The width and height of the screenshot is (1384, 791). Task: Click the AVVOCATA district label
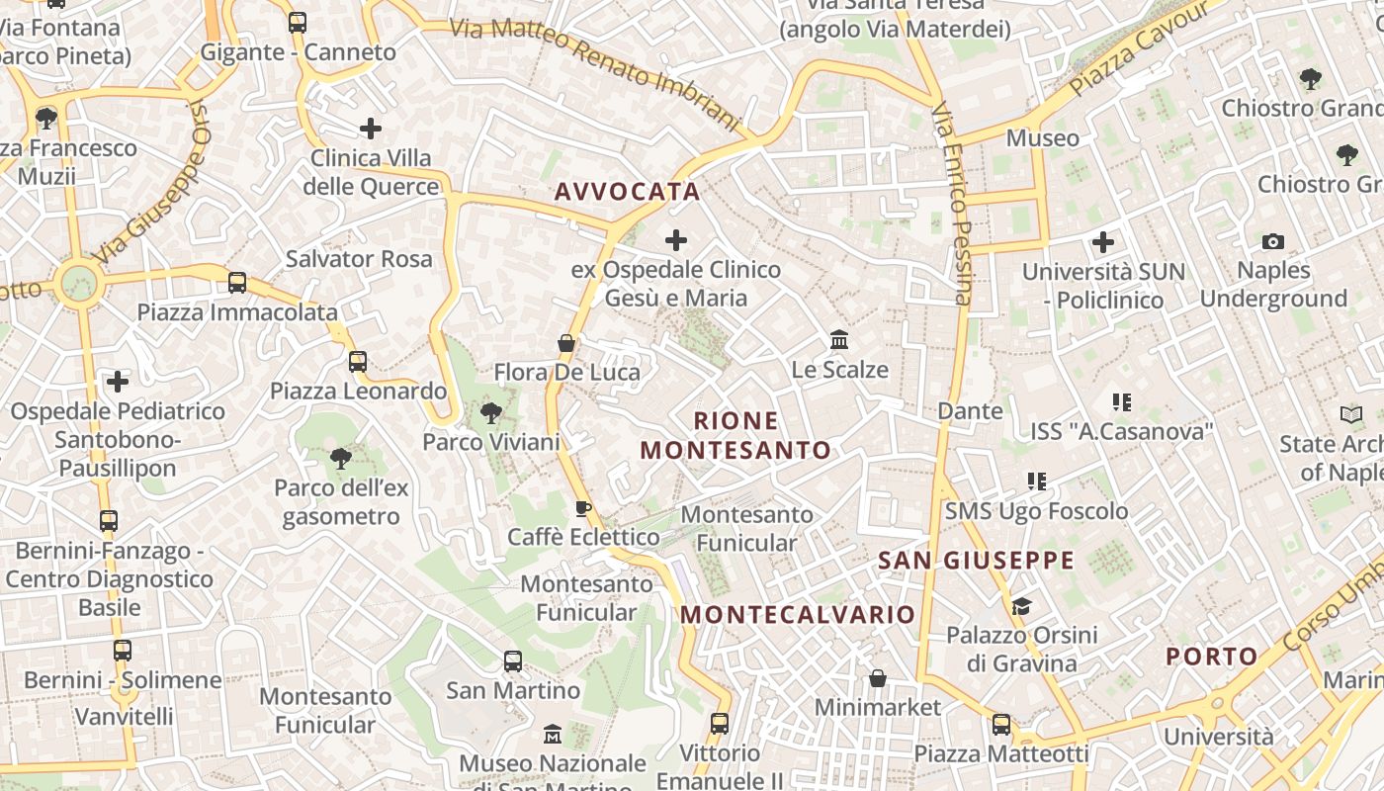coord(627,192)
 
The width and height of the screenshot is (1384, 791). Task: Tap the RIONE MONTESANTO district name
coord(735,436)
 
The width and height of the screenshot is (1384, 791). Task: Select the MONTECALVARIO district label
coord(798,614)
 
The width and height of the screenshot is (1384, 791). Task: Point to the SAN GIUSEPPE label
coord(976,561)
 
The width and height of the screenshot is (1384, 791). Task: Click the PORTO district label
coord(1211,657)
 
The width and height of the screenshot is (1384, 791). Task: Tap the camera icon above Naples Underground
coord(1273,241)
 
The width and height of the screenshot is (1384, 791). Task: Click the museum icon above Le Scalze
coord(839,340)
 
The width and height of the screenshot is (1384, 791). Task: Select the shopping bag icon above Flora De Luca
coord(566,343)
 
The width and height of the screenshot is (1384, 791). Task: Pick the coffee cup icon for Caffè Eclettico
coord(583,508)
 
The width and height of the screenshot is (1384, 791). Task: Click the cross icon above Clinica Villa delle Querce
coord(371,128)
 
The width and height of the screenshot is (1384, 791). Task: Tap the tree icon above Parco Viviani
coord(490,412)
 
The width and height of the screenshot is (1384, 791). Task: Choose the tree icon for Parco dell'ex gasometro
coord(340,458)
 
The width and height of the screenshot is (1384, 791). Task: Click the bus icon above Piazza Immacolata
coord(237,283)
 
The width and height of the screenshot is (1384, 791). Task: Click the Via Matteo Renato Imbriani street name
coord(595,73)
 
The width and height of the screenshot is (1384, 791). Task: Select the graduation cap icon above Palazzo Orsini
coord(1021,605)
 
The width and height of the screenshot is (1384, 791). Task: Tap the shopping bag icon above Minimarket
coord(877,678)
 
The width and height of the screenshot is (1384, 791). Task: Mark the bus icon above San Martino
coord(512,660)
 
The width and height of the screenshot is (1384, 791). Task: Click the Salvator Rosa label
coord(359,259)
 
